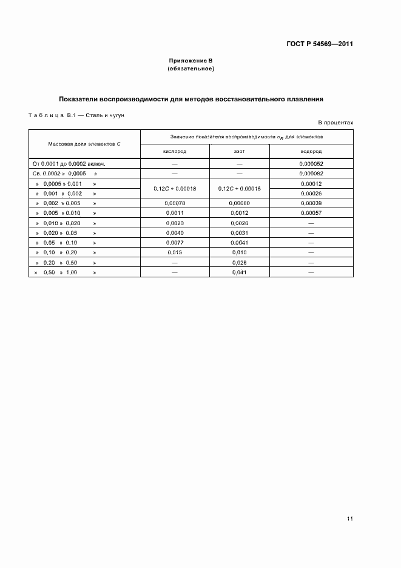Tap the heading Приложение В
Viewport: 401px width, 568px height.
tap(190, 61)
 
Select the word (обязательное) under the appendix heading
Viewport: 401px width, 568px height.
tap(190, 69)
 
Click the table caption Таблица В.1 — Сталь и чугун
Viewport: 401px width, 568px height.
tap(76, 115)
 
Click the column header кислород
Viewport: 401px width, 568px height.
tap(175, 151)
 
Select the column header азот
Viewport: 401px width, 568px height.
tap(239, 151)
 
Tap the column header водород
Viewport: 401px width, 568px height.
tap(311, 151)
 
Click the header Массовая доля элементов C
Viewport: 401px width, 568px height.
tap(85, 144)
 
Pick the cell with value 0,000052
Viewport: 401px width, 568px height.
tap(311, 164)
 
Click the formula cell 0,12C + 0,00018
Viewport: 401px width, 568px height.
tap(175, 188)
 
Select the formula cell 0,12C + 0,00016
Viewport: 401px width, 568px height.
tap(239, 188)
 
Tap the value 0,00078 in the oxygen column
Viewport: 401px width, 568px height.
tap(175, 203)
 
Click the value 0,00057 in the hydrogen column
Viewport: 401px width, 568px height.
tap(311, 213)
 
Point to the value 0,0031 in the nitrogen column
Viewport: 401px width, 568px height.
tap(239, 233)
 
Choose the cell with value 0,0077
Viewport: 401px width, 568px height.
tap(175, 243)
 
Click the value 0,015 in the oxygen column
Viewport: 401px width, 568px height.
tap(175, 252)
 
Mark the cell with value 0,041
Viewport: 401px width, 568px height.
tap(239, 272)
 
